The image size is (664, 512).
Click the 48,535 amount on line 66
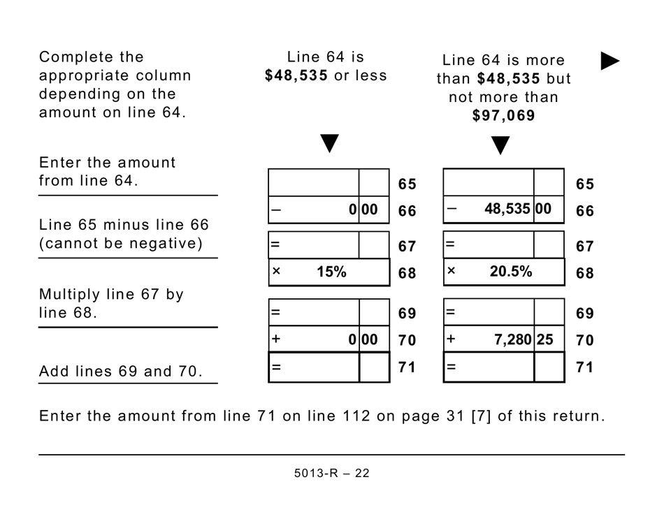508,209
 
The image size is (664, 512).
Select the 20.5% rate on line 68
510,272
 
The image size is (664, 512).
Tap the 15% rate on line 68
331,272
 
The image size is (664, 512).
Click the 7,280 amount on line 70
514,339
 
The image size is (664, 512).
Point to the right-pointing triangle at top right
610,61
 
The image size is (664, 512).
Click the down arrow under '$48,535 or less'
329,144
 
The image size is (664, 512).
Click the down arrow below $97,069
500,145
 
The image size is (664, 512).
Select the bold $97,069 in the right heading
503,116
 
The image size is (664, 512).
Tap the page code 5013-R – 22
332,474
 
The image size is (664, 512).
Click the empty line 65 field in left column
314,183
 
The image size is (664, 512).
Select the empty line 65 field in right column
489,183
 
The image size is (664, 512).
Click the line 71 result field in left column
314,367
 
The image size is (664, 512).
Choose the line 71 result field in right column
489,367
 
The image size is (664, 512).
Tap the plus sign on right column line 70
451,339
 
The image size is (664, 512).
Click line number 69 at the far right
584,314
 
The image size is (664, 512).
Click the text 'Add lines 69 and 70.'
121,372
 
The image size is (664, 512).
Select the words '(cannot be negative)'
121,244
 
